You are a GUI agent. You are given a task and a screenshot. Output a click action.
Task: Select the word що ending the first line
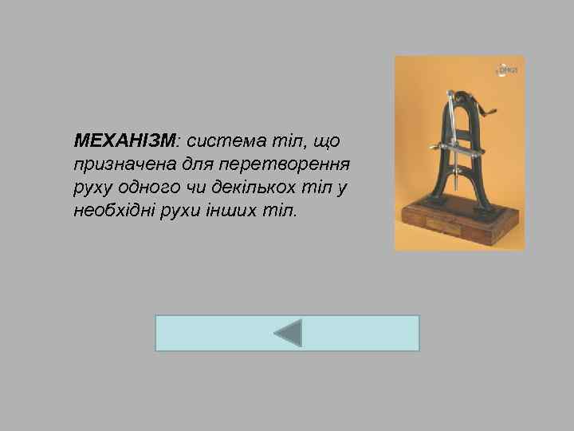click(x=327, y=141)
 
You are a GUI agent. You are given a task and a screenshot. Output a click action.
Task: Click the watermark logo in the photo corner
click(x=507, y=70)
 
